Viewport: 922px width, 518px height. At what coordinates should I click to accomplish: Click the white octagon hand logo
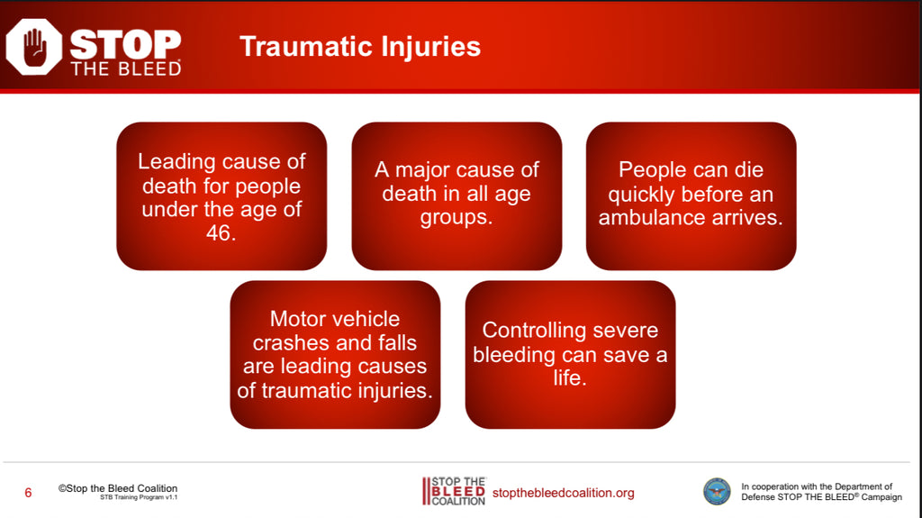pos(33,47)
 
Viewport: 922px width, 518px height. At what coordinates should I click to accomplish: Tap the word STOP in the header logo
pos(125,44)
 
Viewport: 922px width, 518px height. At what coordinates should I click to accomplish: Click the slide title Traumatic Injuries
pos(360,47)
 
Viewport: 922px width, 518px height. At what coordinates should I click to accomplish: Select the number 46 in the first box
pos(221,233)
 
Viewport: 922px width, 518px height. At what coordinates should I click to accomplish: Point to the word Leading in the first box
pos(176,161)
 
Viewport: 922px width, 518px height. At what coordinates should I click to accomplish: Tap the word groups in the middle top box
pos(456,218)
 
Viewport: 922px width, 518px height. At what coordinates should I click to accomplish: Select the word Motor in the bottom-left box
pos(297,319)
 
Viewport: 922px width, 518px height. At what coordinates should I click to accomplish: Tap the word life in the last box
pos(570,377)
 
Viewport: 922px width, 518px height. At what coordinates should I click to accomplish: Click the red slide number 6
pos(28,493)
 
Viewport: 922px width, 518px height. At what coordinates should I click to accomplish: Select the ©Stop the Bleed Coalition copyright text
pos(118,488)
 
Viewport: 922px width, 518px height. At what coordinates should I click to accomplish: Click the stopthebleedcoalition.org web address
pos(564,493)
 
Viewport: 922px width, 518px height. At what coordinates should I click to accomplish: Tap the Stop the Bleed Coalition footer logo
pos(454,492)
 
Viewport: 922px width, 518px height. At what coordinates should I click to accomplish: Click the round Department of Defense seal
pos(717,492)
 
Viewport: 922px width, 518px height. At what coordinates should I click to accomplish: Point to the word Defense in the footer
pos(758,496)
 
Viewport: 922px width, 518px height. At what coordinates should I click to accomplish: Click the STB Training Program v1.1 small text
pos(139,497)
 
